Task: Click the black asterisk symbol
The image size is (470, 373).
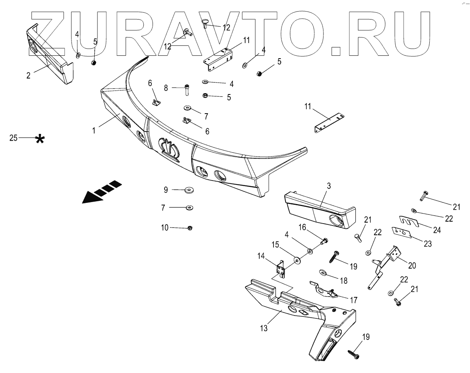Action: click(x=40, y=139)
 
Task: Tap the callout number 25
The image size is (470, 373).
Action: click(x=13, y=138)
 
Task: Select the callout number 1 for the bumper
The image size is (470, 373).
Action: click(x=94, y=130)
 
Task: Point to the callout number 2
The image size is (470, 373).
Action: click(x=28, y=75)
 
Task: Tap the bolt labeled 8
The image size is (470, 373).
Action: click(x=187, y=91)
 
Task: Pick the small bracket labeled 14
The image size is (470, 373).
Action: click(x=281, y=269)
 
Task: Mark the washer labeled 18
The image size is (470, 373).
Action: click(x=323, y=272)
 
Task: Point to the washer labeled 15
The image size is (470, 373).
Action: click(x=297, y=260)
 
